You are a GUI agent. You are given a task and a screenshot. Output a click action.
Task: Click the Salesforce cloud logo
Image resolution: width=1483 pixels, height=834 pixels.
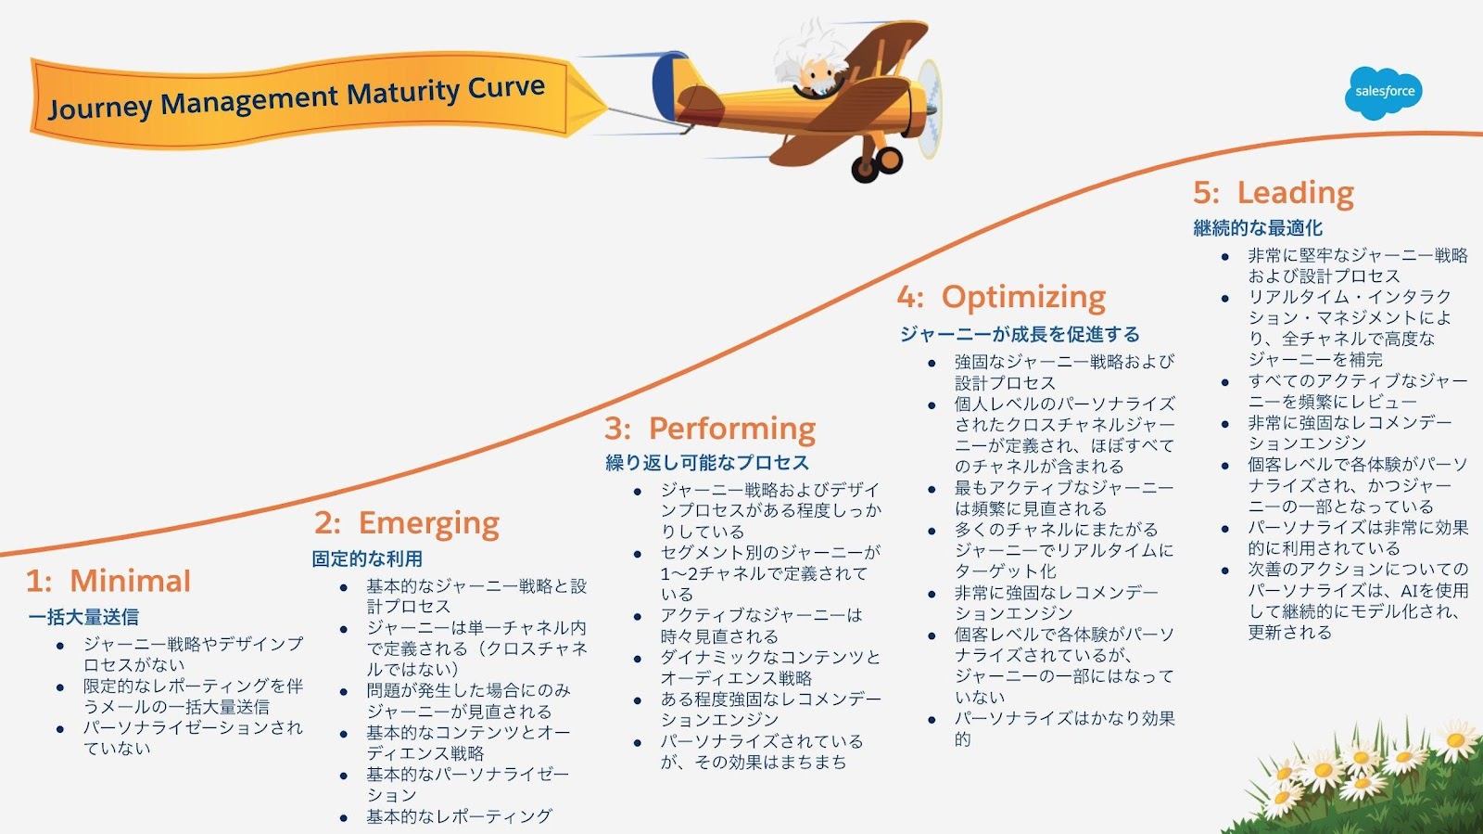pos(1384,92)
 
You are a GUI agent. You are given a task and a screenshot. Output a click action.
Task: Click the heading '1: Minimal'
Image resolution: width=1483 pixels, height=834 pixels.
pos(108,581)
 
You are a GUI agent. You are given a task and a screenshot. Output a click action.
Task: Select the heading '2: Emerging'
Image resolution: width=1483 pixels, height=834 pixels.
pos(407,523)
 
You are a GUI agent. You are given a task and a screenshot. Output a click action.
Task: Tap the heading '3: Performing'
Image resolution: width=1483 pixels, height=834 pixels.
pos(710,429)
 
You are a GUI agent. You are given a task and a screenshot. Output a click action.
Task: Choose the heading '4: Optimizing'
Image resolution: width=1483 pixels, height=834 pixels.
pos(1001,297)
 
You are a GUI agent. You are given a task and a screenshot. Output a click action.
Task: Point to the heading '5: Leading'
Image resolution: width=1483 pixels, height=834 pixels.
pos(1274,193)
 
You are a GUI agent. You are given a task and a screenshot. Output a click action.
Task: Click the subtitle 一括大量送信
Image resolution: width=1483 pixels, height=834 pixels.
pos(83,617)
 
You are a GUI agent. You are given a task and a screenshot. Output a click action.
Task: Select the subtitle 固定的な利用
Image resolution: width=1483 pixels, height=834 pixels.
pos(367,558)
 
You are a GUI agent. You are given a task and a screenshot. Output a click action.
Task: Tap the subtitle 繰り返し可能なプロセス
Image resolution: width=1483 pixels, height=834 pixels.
pos(707,463)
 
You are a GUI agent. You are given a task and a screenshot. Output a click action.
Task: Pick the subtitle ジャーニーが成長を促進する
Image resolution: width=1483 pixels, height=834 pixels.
pos(1020,334)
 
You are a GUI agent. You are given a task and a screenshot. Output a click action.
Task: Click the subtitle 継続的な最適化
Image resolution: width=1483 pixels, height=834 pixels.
pos(1258,228)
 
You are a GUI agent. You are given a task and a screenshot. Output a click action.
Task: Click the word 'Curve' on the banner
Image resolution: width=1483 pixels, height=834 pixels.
pos(506,89)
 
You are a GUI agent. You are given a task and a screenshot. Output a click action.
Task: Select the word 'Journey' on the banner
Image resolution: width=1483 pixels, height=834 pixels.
pos(99,108)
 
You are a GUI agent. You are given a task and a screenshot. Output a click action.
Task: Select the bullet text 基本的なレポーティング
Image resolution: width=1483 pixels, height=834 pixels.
pos(459,816)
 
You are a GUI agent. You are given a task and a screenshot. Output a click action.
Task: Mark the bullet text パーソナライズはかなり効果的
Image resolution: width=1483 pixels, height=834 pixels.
pos(1064,728)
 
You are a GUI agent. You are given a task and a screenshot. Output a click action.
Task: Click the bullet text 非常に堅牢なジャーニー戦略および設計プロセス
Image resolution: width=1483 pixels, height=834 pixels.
pos(1357,265)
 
